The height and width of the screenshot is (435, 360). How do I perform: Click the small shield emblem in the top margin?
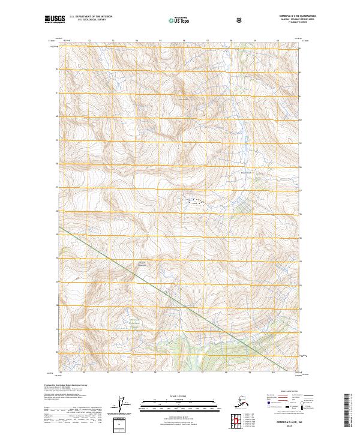tap(240, 20)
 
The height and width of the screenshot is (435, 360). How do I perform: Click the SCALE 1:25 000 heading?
tap(180, 396)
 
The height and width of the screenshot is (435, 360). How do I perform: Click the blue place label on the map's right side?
tap(245, 173)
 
